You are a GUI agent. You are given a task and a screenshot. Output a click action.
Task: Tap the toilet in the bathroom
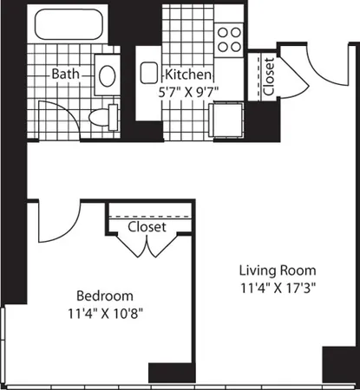point(108,116)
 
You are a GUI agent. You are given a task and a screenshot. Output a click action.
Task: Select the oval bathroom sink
point(107,75)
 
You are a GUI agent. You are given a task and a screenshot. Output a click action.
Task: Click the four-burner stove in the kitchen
point(229,36)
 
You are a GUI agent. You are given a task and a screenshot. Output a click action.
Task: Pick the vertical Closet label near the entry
point(269,76)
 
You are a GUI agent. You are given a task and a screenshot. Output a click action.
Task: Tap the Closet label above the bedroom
point(147,227)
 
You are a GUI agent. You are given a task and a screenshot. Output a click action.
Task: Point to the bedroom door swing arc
point(54,221)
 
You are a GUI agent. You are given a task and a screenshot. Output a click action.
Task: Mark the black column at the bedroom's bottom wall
point(164,374)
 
